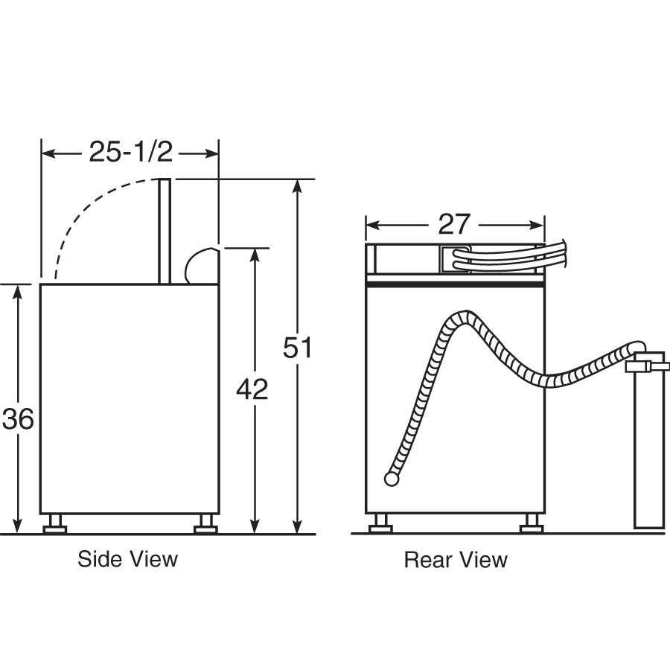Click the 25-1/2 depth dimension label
coord(131,152)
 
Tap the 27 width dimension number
coord(454,224)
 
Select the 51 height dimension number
coord(297,348)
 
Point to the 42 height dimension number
coord(252,389)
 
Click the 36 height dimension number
coord(18,418)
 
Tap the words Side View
coord(127,559)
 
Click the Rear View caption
coord(456,560)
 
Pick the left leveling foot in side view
coord(55,524)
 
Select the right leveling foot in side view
coord(205,524)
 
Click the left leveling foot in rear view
coord(381,523)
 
